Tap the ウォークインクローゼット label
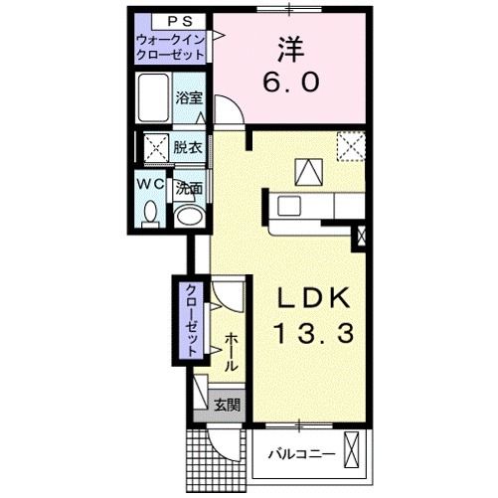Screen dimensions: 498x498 [171, 47]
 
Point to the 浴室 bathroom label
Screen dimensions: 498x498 [189, 97]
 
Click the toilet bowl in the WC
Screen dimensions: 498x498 [151, 211]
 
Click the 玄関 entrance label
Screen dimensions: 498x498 [226, 405]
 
